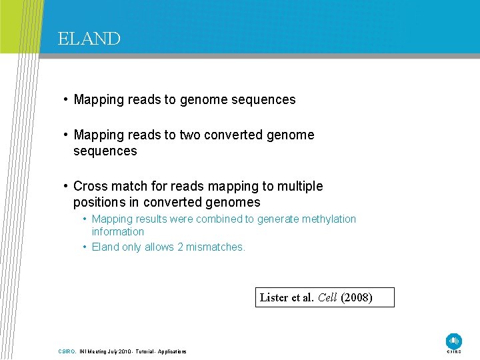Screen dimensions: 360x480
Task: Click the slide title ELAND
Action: coord(89,39)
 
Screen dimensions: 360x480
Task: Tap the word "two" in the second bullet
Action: coord(190,135)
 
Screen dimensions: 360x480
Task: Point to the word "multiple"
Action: coord(298,186)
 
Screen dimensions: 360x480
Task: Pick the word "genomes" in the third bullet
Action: coord(235,202)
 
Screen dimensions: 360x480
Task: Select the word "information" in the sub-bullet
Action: coord(117,231)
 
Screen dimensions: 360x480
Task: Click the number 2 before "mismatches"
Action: coord(180,247)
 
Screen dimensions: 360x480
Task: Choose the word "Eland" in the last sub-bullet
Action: coord(105,247)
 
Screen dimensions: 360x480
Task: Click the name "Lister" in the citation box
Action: coord(274,297)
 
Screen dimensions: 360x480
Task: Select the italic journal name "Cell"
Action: coord(327,297)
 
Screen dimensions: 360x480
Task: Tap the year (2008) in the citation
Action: coord(357,297)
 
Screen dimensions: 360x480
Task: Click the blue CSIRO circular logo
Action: coord(453,341)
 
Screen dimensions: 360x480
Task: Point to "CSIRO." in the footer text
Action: coord(67,351)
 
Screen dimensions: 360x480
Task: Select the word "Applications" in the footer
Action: coord(172,351)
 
